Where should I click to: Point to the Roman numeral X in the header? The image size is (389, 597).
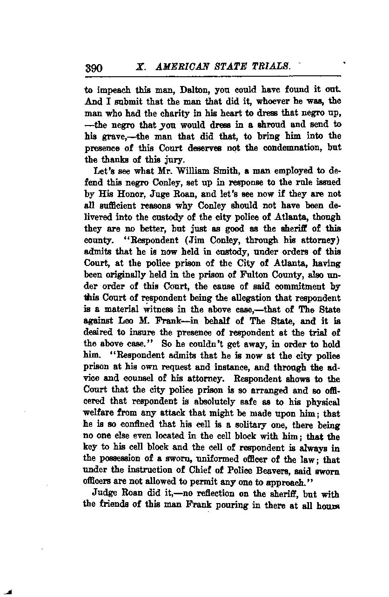click(x=139, y=67)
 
